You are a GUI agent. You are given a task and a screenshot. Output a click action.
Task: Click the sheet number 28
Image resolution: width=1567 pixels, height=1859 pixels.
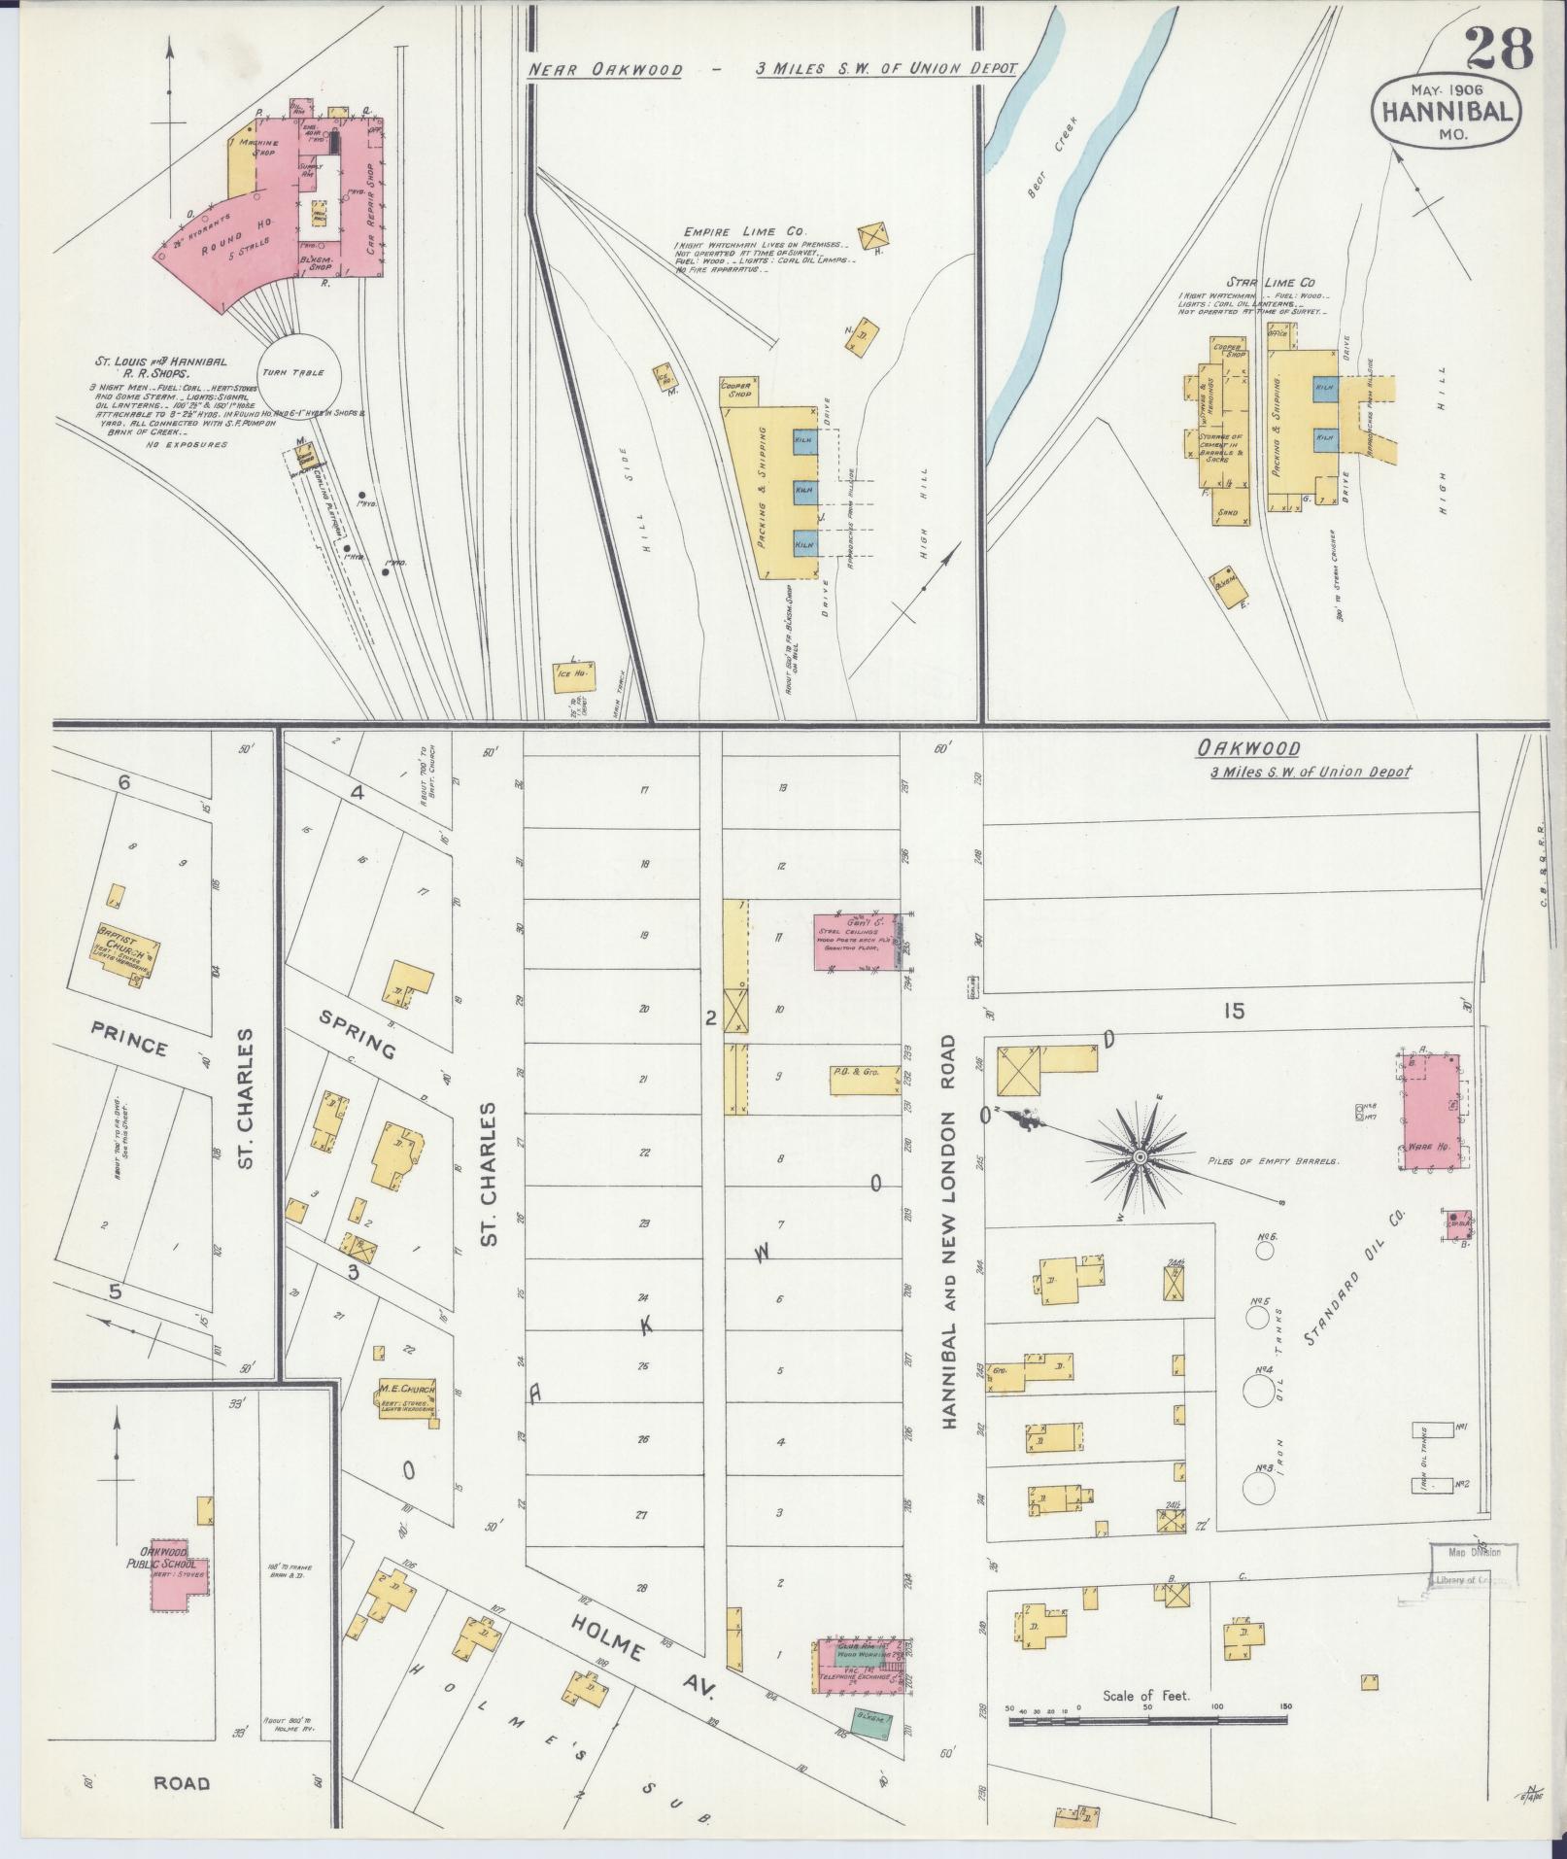point(1500,50)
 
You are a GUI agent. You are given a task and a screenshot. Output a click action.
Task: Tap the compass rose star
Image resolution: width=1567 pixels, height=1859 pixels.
point(1141,1156)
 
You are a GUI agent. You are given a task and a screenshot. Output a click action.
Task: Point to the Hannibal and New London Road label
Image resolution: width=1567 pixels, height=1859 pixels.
point(950,1233)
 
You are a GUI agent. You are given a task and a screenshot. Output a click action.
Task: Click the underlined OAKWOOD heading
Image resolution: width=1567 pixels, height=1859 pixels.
point(1248,748)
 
